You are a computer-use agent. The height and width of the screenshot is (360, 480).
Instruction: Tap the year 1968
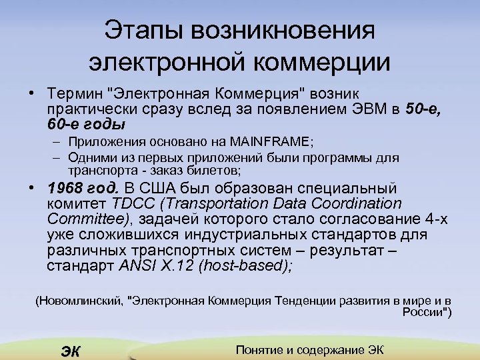pyautogui.click(x=65, y=188)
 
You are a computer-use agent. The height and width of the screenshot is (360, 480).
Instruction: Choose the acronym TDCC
pyautogui.click(x=129, y=203)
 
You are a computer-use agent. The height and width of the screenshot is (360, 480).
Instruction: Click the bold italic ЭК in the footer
pyautogui.click(x=69, y=351)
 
